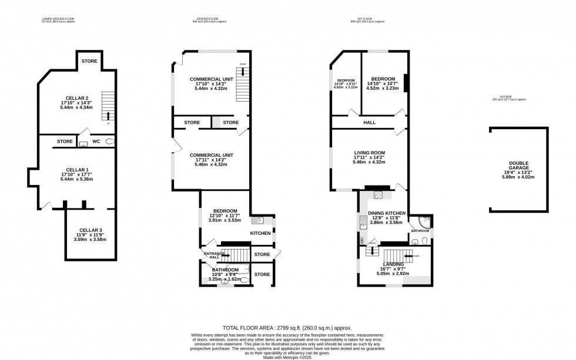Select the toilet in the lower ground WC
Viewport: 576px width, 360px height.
coord(110,142)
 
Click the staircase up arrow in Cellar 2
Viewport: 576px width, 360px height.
coord(107,115)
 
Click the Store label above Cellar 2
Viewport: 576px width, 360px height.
coord(89,61)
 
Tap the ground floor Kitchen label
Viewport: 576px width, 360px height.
coord(260,233)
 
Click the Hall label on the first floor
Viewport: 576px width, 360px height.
coord(369,123)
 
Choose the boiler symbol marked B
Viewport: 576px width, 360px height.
coord(361,240)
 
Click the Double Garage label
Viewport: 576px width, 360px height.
coord(518,164)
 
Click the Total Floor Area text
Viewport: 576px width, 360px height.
coord(287,327)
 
